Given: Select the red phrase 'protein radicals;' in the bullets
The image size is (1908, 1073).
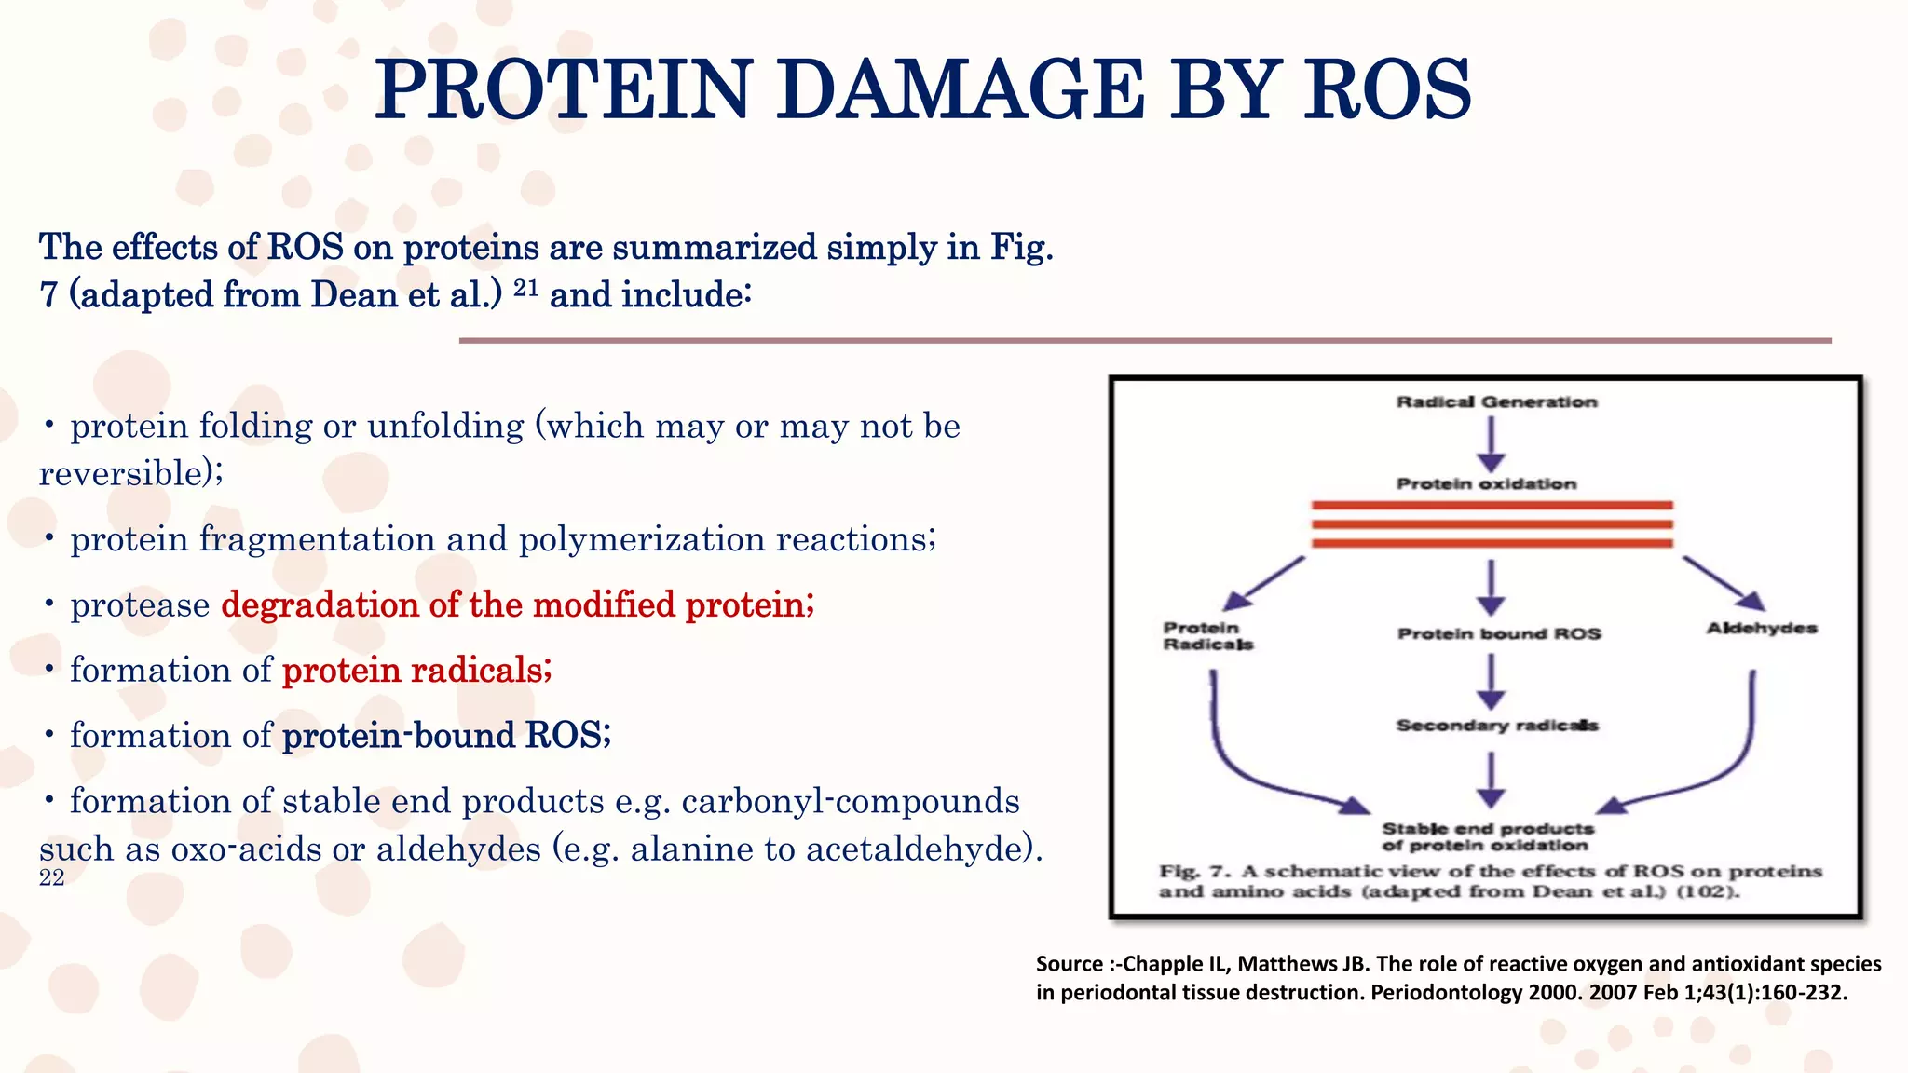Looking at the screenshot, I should pyautogui.click(x=416, y=670).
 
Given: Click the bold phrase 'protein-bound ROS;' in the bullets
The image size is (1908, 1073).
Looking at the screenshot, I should pyautogui.click(x=446, y=735).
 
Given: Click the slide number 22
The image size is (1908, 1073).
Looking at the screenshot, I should pyautogui.click(x=52, y=877).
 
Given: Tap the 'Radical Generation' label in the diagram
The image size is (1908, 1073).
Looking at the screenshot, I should pyautogui.click(x=1496, y=401).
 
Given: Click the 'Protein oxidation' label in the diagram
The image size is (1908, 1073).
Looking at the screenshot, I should pyautogui.click(x=1486, y=483).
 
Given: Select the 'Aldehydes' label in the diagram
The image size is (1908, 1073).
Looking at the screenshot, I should pyautogui.click(x=1761, y=628).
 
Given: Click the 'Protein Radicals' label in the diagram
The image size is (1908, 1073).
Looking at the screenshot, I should pyautogui.click(x=1206, y=636).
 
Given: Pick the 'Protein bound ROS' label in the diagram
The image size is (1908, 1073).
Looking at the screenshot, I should pyautogui.click(x=1498, y=634).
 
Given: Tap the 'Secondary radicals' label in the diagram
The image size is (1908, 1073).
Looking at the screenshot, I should pyautogui.click(x=1496, y=725).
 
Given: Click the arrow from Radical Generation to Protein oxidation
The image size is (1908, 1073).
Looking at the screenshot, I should pyautogui.click(x=1491, y=443).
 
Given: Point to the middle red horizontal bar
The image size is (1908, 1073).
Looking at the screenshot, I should pyautogui.click(x=1492, y=524).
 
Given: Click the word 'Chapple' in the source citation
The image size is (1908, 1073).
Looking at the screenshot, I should pyautogui.click(x=1156, y=964).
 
